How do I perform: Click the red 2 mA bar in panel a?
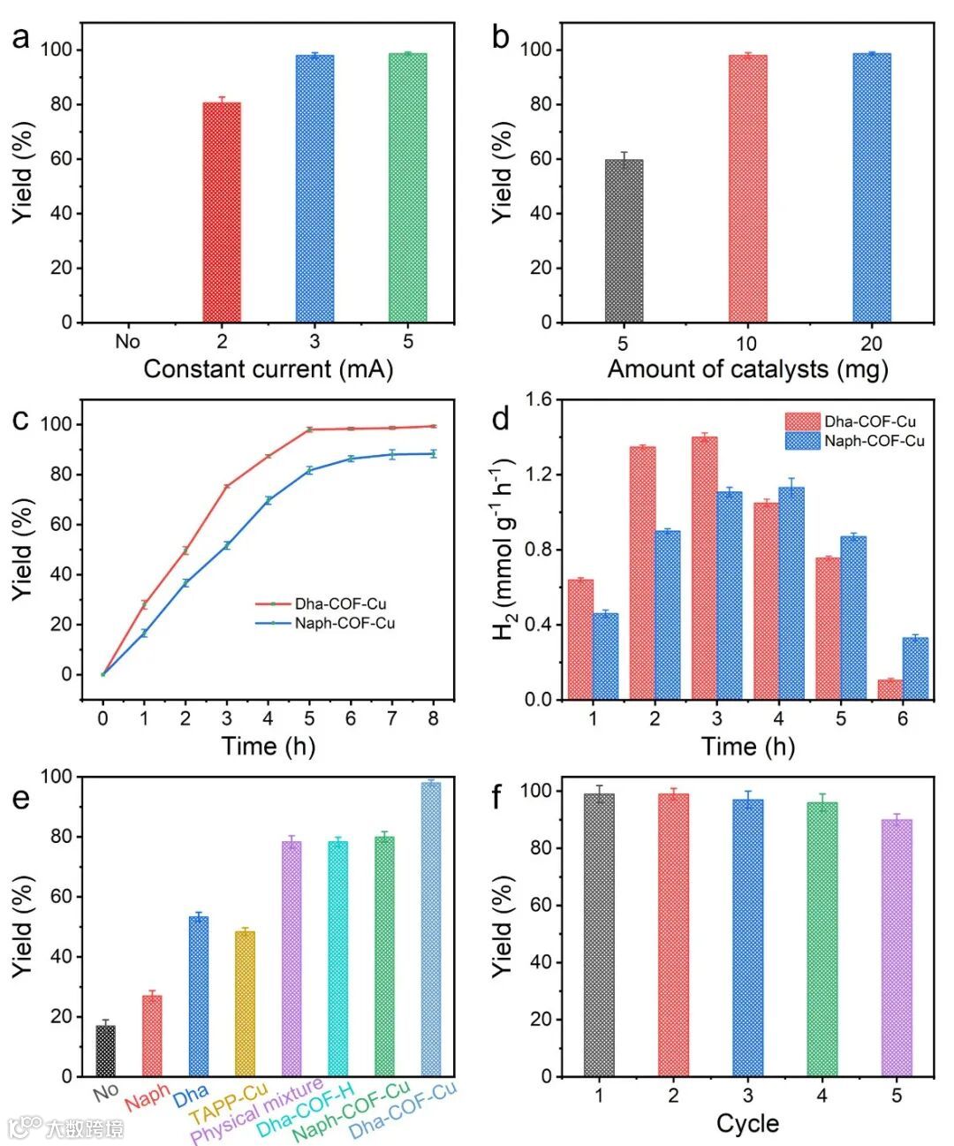tap(222, 212)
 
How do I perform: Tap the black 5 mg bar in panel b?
tap(624, 240)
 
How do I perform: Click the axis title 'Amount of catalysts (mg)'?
tap(747, 369)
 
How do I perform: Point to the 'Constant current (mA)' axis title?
tap(268, 369)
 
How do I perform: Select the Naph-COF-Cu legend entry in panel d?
tap(874, 440)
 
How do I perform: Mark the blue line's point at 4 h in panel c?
tap(268, 500)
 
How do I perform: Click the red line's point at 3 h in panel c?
tap(227, 487)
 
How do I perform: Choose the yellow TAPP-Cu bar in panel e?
tap(245, 1004)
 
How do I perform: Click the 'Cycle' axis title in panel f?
tap(747, 1124)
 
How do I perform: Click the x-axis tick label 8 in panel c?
tap(434, 719)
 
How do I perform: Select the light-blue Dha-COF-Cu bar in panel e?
tap(431, 929)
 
